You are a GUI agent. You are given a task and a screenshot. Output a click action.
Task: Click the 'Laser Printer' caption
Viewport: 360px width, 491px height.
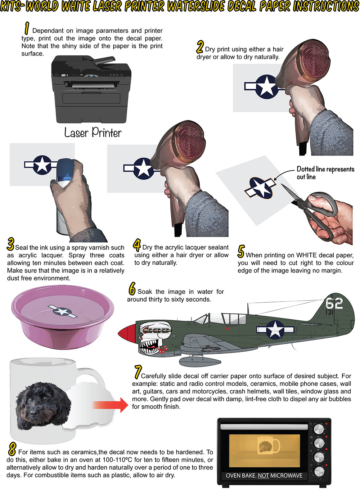tap(93, 133)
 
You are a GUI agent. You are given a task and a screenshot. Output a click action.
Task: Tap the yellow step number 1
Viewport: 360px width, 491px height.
tap(26, 28)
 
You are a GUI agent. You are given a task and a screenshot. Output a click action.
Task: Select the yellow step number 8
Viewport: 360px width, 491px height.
tap(12, 449)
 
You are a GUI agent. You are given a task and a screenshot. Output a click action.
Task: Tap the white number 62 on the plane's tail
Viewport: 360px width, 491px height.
tap(334, 303)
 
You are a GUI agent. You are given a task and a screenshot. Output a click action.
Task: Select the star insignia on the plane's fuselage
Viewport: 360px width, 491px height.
tap(275, 329)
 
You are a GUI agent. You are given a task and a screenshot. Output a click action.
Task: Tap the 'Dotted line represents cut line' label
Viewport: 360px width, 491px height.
tap(325, 173)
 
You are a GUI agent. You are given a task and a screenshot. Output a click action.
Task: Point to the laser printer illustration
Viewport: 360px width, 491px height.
tap(91, 90)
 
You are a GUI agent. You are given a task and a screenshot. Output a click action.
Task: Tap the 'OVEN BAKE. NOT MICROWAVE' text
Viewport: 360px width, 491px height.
tap(264, 476)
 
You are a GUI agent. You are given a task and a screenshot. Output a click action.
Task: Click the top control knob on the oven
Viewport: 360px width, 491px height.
tap(319, 429)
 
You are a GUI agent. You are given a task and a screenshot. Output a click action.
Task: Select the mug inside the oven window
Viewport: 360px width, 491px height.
tap(269, 446)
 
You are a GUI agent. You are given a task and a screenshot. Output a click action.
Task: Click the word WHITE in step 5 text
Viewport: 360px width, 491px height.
tap(306, 255)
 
